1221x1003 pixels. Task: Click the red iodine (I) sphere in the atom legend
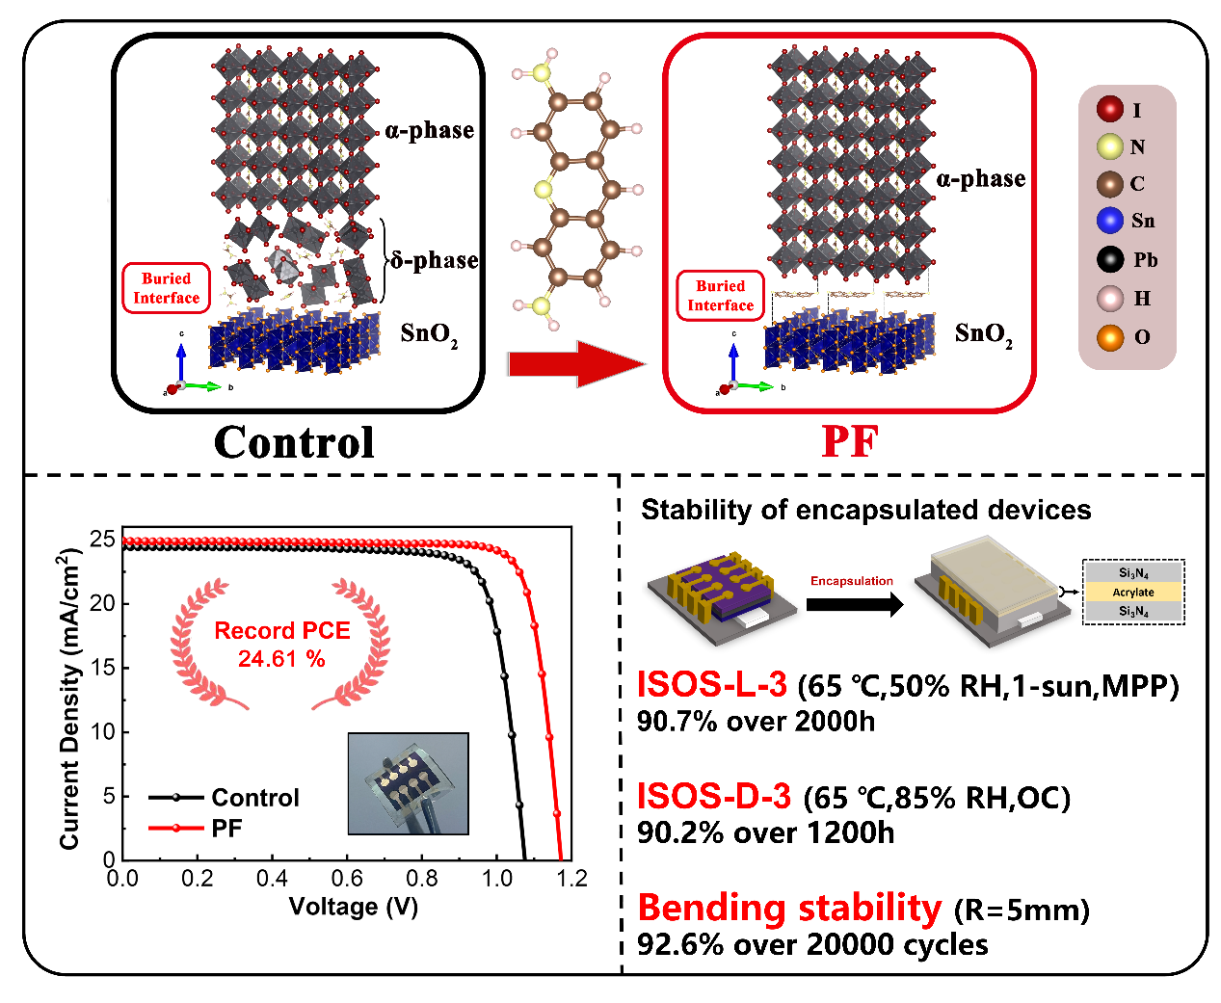(x=1108, y=109)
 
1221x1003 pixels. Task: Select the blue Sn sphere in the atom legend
(x=1108, y=221)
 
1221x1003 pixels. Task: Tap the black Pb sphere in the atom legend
(x=1108, y=259)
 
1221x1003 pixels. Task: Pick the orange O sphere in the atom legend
(x=1108, y=337)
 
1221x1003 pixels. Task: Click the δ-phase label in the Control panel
(x=433, y=260)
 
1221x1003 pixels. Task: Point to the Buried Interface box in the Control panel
(x=166, y=288)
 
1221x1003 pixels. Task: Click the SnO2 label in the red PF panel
(x=982, y=334)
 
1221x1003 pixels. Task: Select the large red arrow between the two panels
(x=576, y=363)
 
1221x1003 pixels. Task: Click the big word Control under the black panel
(x=294, y=441)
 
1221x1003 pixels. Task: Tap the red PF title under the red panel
(x=849, y=441)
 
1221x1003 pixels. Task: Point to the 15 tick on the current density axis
(x=102, y=667)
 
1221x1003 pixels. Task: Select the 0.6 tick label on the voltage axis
(x=346, y=878)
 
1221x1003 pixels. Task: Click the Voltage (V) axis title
(x=353, y=906)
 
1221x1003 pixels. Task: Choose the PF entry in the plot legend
(x=195, y=828)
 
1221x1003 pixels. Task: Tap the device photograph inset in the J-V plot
(x=408, y=783)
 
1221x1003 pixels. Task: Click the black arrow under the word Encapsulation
(x=854, y=604)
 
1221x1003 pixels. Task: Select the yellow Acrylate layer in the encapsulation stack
(x=1131, y=592)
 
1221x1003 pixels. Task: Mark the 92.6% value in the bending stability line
(x=679, y=944)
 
